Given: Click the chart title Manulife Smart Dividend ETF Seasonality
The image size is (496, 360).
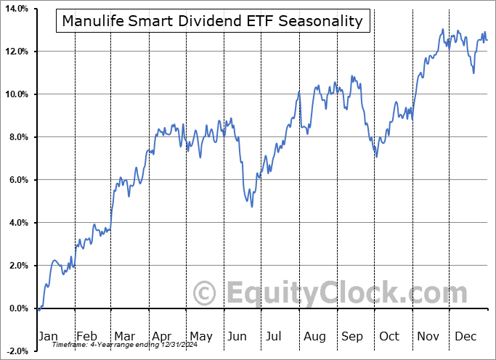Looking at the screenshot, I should point(212,21).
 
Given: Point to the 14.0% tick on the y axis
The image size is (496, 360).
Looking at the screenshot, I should point(16,9).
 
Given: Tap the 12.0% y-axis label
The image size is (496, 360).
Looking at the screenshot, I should point(16,52).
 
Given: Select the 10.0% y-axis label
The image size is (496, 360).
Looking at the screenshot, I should point(16,94).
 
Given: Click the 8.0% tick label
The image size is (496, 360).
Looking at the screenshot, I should point(17,137).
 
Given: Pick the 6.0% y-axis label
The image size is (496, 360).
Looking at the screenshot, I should point(17,180).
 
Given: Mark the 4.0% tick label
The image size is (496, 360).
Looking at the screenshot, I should point(17,223).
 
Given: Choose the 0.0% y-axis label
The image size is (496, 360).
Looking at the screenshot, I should point(17,308).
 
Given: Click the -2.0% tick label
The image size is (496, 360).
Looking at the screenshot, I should point(16,351).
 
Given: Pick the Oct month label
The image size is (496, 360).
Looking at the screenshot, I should point(390,336).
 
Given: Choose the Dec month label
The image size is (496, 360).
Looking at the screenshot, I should point(465,336).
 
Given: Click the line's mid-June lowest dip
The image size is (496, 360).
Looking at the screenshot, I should point(252,207).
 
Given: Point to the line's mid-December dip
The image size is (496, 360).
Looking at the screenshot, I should point(473,73).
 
